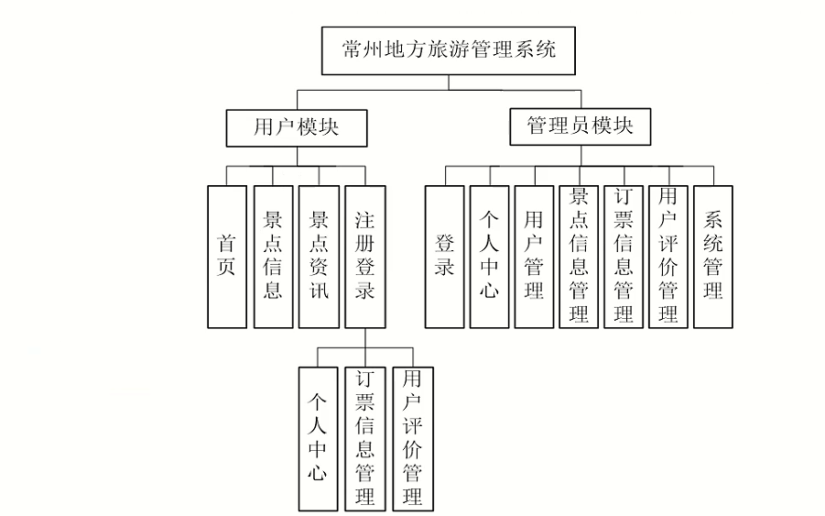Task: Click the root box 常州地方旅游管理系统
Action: click(449, 50)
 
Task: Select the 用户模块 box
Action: click(296, 127)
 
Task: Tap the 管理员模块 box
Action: click(580, 127)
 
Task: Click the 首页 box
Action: click(226, 257)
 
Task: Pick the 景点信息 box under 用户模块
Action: click(272, 257)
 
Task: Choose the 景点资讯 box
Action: click(319, 257)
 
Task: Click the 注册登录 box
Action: click(364, 257)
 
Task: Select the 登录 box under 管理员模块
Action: click(444, 257)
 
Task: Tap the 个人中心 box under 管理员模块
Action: click(489, 257)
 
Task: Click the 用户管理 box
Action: click(534, 257)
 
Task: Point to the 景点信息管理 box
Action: click(579, 257)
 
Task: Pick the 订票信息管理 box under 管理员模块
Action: click(624, 257)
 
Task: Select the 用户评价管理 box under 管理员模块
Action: click(668, 257)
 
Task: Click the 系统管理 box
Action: click(713, 257)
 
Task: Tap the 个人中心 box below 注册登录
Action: click(318, 438)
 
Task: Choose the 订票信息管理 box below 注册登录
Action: click(364, 438)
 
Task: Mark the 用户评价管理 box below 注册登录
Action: click(412, 438)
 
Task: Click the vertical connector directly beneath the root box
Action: click(449, 83)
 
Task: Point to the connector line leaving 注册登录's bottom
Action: click(364, 338)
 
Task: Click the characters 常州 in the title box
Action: click(358, 50)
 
